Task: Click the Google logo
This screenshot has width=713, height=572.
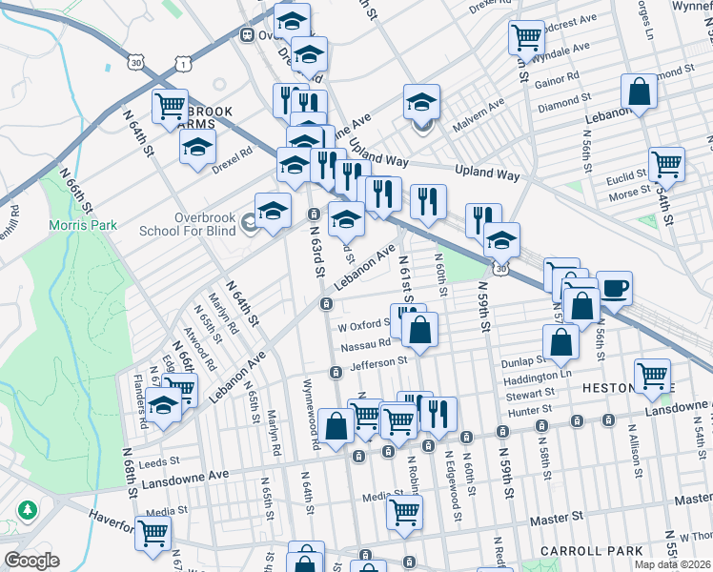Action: click(x=31, y=561)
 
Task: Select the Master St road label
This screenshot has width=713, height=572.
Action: click(x=558, y=517)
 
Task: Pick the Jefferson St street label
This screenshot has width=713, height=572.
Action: click(x=378, y=361)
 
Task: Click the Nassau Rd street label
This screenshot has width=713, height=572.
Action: click(x=364, y=343)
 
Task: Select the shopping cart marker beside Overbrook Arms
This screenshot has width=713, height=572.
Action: click(x=170, y=106)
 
